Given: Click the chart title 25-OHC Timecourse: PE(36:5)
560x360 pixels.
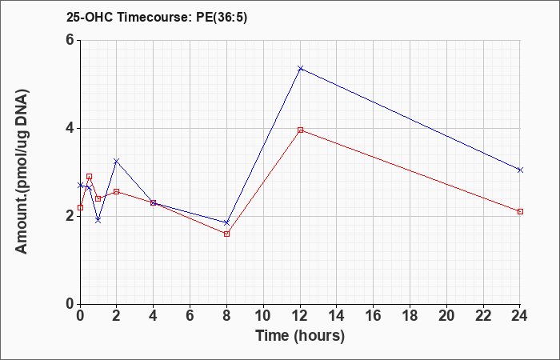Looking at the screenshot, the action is (x=157, y=18).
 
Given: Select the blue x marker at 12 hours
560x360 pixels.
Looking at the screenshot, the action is (x=300, y=68).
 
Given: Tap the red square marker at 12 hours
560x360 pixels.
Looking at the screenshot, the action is (x=300, y=130).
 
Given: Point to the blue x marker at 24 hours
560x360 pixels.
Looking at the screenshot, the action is (x=520, y=170).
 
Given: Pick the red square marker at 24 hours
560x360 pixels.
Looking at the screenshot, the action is (x=520, y=212).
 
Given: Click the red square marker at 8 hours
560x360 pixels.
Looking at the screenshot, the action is (x=226, y=234).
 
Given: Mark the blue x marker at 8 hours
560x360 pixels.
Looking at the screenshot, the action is (x=226, y=223).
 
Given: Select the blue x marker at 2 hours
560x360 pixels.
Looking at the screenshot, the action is (x=117, y=162).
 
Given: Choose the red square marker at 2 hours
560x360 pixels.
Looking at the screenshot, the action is (x=117, y=192).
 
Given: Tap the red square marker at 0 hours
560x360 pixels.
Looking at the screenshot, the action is (x=80, y=207).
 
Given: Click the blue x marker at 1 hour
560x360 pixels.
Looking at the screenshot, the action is (x=98, y=220).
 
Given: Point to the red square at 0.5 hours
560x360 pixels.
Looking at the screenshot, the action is (x=90, y=177).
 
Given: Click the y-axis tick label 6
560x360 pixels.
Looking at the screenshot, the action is (x=70, y=40).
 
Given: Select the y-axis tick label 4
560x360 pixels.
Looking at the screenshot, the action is (x=70, y=128).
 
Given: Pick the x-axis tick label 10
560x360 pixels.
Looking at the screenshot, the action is (x=263, y=315).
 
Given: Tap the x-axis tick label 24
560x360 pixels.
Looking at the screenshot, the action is (x=520, y=315).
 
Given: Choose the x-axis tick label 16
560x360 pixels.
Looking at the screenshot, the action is (x=374, y=315).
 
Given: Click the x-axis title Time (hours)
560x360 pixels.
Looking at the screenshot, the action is (x=300, y=336).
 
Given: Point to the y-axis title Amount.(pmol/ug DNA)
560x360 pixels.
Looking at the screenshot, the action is (x=22, y=171).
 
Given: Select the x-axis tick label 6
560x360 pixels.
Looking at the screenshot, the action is (x=190, y=315).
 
